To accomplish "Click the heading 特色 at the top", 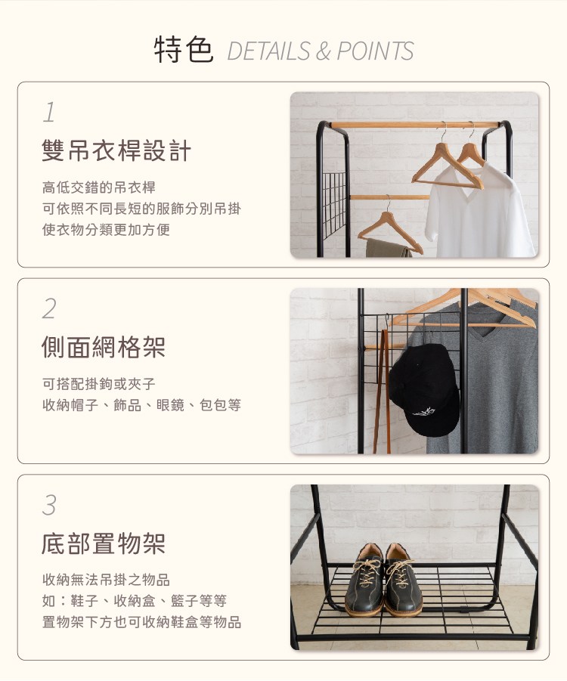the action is (x=184, y=50).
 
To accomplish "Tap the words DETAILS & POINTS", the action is (x=321, y=51).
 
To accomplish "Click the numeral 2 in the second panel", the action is (x=50, y=308).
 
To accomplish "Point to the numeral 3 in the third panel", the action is (x=50, y=505).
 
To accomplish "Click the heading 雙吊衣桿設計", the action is (x=116, y=150).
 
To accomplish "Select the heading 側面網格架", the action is (x=104, y=347).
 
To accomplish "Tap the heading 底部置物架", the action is (x=104, y=543).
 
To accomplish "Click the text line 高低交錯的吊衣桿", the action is (x=99, y=187).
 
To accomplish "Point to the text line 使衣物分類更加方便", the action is (x=106, y=229).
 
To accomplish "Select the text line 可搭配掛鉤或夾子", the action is (x=99, y=383).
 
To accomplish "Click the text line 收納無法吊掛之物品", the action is (x=106, y=580).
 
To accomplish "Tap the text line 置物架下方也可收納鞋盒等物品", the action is (x=141, y=622).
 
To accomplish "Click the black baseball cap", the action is (x=423, y=389).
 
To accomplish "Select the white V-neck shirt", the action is (x=479, y=211).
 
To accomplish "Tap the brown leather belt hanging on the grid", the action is (x=382, y=391).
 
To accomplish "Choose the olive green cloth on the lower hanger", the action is (x=388, y=248).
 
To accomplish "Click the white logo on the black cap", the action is (x=423, y=411).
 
